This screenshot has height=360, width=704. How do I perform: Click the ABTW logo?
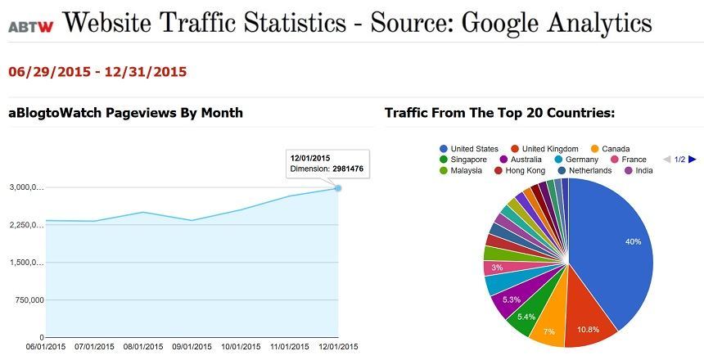click(x=31, y=26)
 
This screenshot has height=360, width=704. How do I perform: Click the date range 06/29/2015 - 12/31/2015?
click(x=97, y=72)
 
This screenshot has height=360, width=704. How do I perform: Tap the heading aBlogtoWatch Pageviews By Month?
click(x=125, y=113)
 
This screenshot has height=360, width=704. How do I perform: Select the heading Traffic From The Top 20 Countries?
click(x=499, y=113)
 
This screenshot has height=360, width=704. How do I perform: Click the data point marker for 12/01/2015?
click(x=338, y=188)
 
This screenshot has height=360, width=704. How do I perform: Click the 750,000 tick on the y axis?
click(x=25, y=300)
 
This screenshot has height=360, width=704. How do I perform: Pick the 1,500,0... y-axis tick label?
click(x=25, y=263)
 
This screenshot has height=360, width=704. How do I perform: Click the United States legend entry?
click(x=469, y=149)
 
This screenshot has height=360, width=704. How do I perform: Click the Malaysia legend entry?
click(x=463, y=170)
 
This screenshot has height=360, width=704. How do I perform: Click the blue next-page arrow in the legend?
click(x=693, y=160)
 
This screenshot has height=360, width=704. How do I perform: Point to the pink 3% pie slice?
click(x=496, y=268)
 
